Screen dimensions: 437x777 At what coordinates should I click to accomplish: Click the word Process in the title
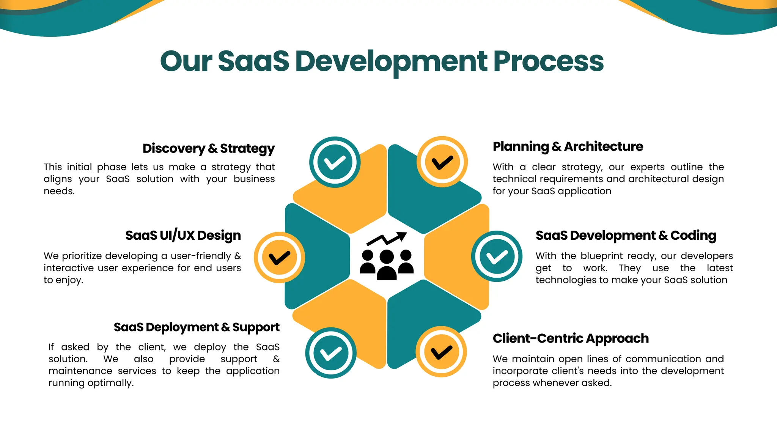[x=548, y=61]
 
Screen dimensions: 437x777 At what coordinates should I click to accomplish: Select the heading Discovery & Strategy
[x=208, y=148]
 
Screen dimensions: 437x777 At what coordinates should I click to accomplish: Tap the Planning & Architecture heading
[x=568, y=146]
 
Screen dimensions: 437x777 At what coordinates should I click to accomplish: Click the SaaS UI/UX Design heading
[x=183, y=235]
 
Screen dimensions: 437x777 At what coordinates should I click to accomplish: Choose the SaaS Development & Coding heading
[x=626, y=235]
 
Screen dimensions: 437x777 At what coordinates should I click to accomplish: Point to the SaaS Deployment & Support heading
[x=197, y=327]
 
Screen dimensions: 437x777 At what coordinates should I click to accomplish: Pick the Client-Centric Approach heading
[x=571, y=338]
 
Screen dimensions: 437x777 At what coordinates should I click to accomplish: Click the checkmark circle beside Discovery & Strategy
[x=335, y=162]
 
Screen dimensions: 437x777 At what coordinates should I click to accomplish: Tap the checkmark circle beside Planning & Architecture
[x=442, y=162]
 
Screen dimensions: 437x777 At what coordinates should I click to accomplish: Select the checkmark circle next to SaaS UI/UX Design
[x=279, y=257]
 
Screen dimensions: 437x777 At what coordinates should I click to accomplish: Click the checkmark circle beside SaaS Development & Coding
[x=497, y=256]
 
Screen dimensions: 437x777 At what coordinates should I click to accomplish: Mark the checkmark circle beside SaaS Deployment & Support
[x=331, y=353]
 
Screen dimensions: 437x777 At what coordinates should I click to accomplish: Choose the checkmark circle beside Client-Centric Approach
[x=441, y=352]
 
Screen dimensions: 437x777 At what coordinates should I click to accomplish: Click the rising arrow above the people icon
[x=387, y=239]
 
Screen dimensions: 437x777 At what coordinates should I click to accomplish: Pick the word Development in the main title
[x=391, y=61]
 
